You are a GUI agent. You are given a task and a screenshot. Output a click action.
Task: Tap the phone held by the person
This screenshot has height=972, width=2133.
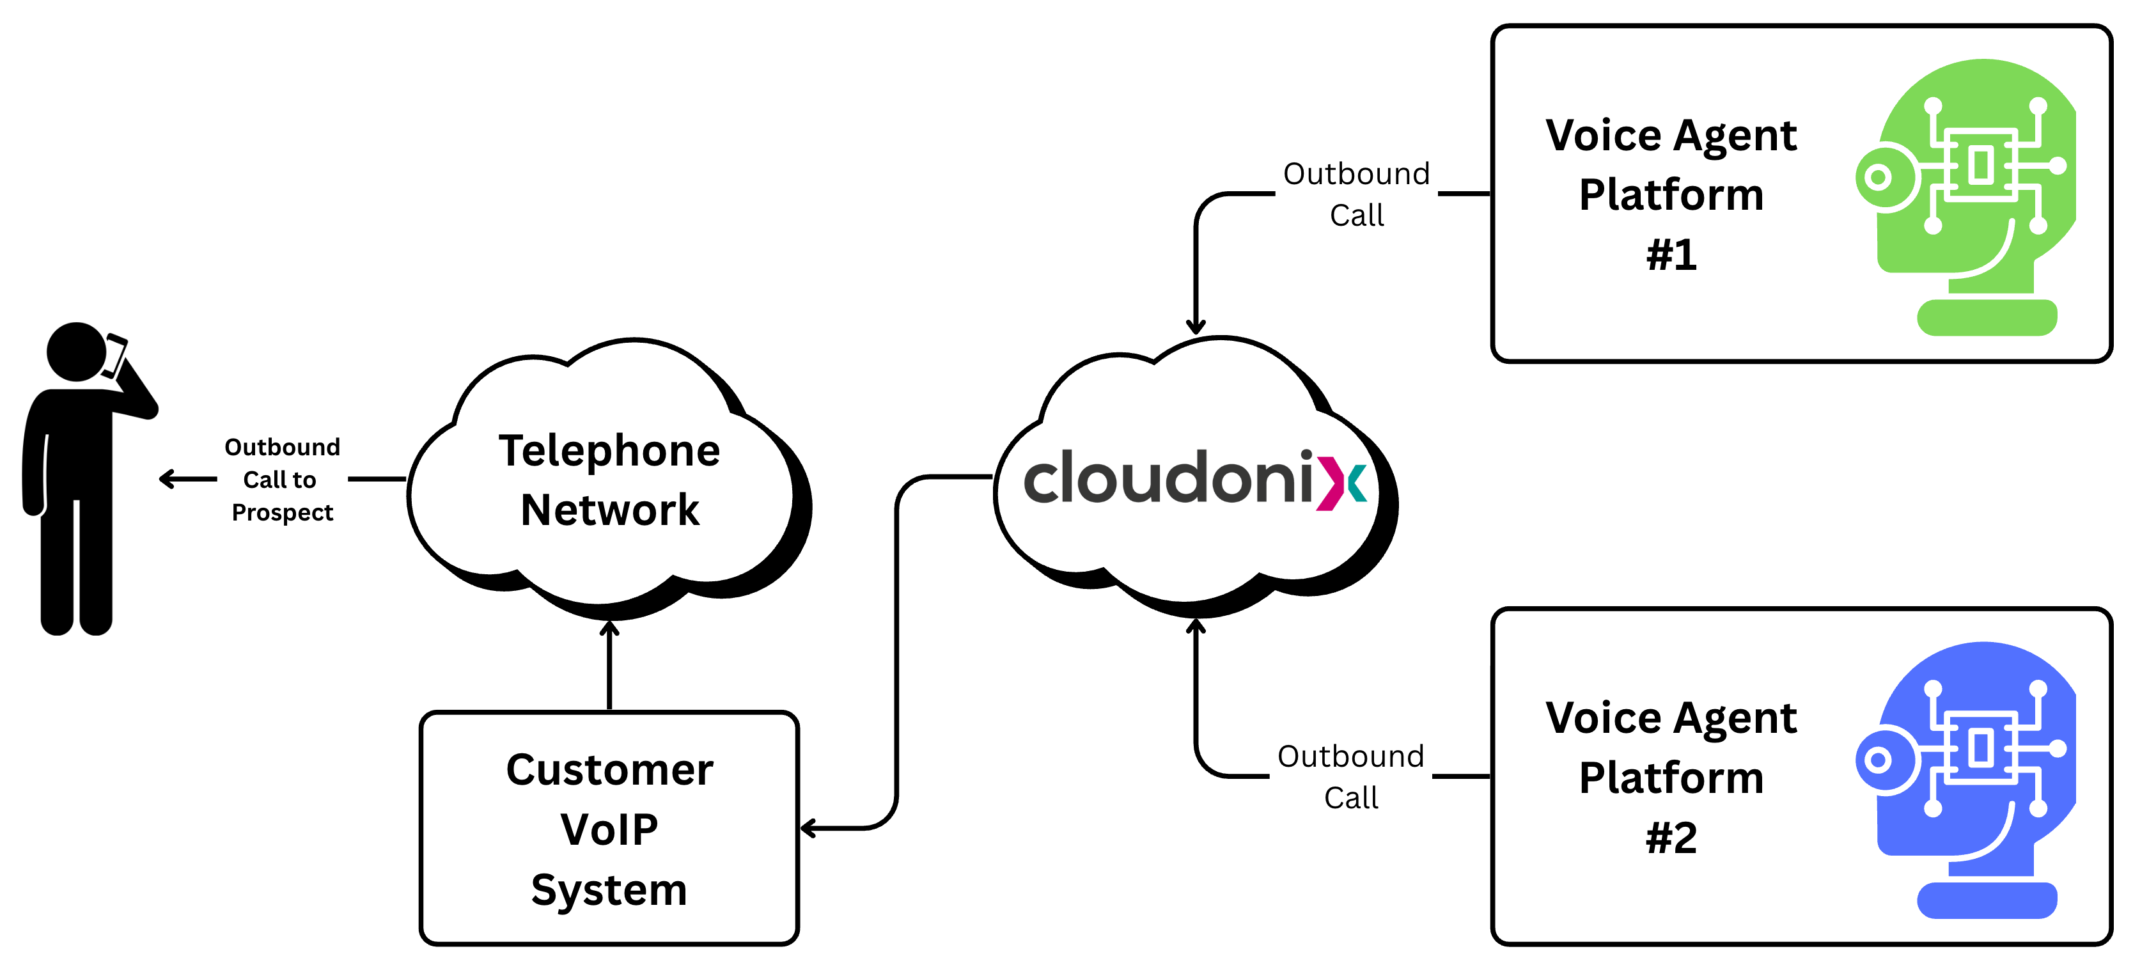click(x=114, y=354)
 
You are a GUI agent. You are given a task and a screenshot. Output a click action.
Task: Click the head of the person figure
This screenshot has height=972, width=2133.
click(x=76, y=352)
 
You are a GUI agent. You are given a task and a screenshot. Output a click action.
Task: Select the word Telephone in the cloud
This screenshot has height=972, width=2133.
click(x=609, y=451)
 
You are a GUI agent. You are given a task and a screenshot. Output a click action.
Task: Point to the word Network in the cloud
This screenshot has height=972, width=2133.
click(x=610, y=510)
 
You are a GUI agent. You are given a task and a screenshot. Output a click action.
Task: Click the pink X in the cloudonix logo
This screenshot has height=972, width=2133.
click(x=1331, y=480)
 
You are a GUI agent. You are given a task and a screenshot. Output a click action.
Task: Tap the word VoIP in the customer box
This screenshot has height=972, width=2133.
click(x=609, y=829)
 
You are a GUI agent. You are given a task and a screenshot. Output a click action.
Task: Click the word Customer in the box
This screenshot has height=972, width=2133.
click(x=609, y=770)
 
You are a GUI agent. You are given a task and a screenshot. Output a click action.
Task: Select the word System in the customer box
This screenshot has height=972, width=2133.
click(x=609, y=890)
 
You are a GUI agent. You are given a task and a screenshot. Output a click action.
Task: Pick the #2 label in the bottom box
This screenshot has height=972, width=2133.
click(x=1671, y=837)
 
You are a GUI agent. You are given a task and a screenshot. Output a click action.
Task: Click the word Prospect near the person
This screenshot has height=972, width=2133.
click(x=283, y=512)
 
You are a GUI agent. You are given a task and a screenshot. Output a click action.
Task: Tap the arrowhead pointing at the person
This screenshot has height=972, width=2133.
click(x=166, y=478)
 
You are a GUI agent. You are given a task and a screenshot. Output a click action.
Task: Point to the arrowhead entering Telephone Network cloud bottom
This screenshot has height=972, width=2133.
click(x=609, y=629)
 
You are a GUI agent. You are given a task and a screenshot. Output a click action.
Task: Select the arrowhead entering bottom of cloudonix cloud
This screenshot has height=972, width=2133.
click(x=1196, y=626)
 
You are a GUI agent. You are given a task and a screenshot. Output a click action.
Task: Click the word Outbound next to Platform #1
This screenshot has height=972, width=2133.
click(x=1356, y=174)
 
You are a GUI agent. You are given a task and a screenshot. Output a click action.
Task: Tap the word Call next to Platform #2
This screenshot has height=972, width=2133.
click(x=1351, y=797)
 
